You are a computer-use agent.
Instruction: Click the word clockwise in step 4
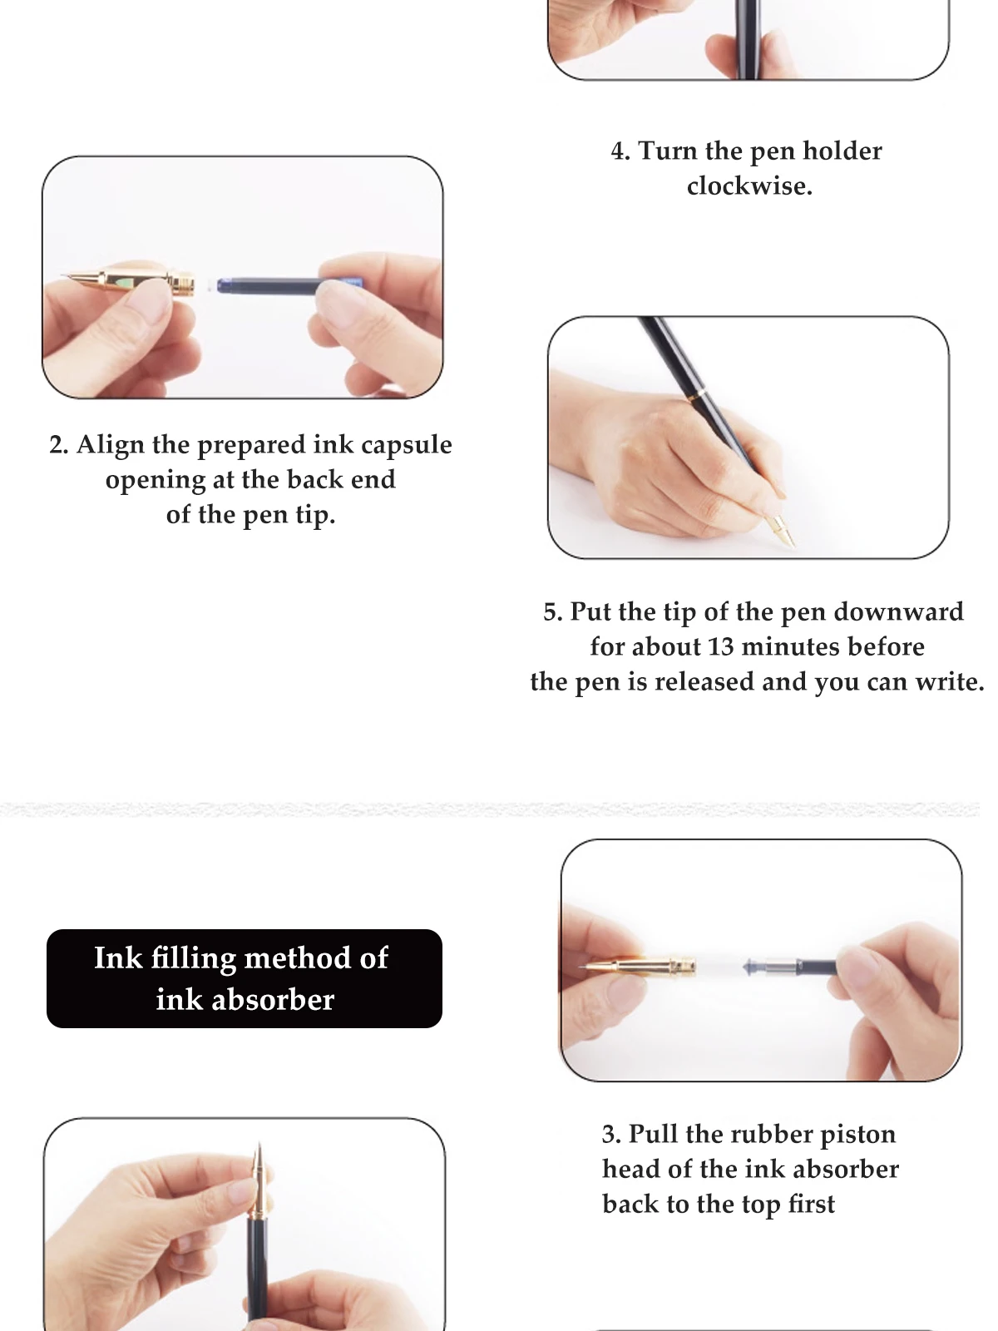(749, 186)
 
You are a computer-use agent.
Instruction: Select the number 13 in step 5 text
(720, 646)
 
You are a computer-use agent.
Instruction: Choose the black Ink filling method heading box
(245, 978)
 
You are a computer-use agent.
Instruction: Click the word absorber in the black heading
(273, 1000)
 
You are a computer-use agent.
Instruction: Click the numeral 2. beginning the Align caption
(59, 445)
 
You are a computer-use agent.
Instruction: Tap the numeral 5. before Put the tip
(553, 611)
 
